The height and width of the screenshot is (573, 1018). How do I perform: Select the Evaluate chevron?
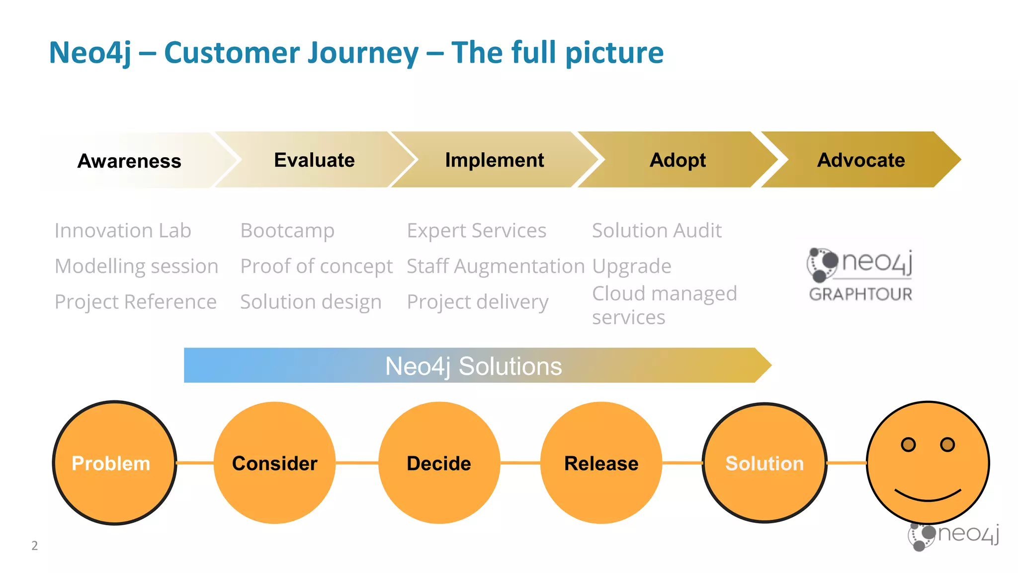coord(314,160)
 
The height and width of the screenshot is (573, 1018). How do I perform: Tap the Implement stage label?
coord(494,160)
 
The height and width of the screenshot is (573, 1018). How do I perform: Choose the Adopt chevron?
coord(677,160)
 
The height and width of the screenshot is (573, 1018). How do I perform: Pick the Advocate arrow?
coord(861,160)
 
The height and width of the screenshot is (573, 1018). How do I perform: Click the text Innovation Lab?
coord(123,231)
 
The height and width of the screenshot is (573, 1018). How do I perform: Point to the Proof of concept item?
coord(316,267)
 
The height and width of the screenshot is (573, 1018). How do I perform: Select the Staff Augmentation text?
coord(496,267)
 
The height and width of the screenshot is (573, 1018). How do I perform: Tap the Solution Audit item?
coord(657,231)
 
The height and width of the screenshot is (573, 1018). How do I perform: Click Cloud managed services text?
coord(664,305)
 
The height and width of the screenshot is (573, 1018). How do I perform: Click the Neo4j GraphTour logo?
coord(860,275)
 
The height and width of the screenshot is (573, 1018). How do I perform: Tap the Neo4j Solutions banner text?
coord(473,366)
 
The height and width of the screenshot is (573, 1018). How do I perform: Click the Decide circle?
coord(439,463)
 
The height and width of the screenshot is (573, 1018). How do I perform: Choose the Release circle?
coord(601,463)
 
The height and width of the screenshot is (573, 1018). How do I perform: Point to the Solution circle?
coord(764,463)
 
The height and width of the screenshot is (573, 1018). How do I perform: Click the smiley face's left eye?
coord(908,444)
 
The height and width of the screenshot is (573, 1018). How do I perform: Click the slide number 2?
coord(34,546)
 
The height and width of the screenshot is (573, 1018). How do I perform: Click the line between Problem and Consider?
coord(195,463)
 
